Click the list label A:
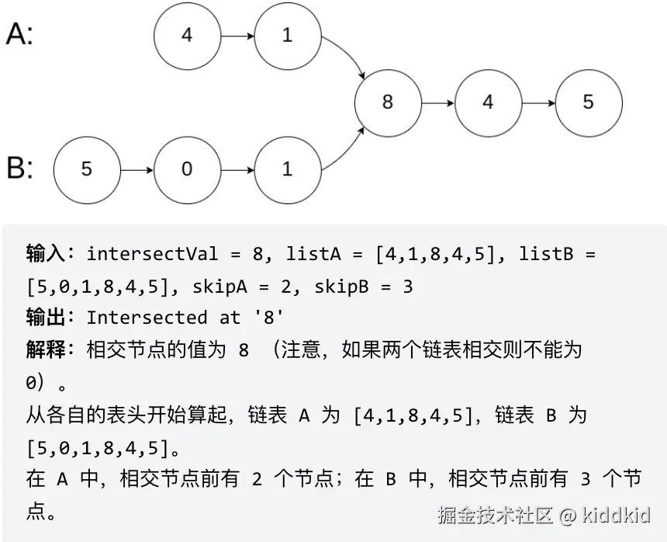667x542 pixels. point(20,34)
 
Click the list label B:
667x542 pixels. point(20,169)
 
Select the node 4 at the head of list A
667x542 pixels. point(187,36)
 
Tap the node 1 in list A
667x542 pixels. point(287,36)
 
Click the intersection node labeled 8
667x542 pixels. point(388,102)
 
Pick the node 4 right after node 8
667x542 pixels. point(488,102)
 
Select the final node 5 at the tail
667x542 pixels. point(588,102)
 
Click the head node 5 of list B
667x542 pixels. point(86,169)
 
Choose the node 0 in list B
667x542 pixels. point(187,169)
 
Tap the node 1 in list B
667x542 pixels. point(287,169)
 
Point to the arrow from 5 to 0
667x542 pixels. point(137,169)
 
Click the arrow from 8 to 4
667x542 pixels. point(438,102)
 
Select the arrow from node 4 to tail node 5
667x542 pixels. point(538,102)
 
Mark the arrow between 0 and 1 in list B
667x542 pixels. point(237,169)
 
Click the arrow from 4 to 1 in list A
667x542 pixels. point(237,36)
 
